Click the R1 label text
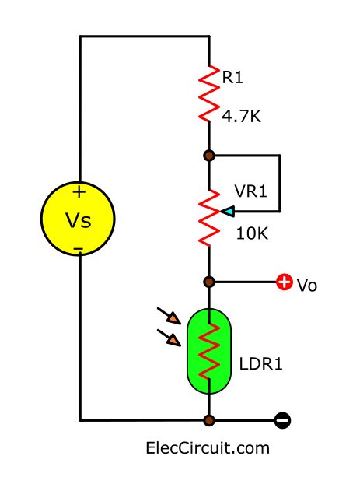[233, 77]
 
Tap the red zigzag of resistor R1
[208, 93]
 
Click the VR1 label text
[250, 191]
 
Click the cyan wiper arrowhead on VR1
[227, 211]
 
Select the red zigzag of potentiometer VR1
[208, 215]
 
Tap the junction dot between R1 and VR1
[208, 156]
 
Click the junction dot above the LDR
[208, 282]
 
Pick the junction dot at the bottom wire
[208, 421]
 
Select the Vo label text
[307, 286]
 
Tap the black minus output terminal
[284, 421]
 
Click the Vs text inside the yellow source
[78, 220]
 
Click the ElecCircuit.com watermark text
[208, 449]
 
